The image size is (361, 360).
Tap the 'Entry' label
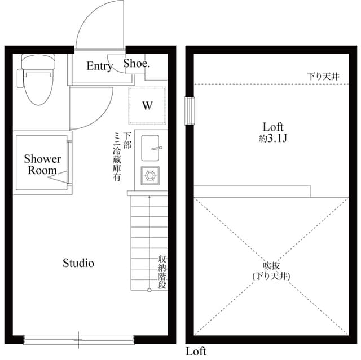coord(99,66)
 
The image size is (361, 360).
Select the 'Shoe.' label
coord(137,64)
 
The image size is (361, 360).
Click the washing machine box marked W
coord(147,105)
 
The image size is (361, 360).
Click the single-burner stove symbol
coord(150,175)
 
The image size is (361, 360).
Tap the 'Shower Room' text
coord(42,165)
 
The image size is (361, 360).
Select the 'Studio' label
coord(78,263)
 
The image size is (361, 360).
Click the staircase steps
coord(149,242)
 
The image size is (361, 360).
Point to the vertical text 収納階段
coord(161,273)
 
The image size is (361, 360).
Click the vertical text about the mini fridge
coord(122,156)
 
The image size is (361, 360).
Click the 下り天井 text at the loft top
coord(323,76)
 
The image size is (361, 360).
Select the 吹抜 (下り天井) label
coord(272,271)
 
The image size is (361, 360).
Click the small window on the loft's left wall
coord(190,111)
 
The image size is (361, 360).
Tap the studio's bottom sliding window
coord(79,339)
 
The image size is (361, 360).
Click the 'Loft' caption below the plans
coord(196,352)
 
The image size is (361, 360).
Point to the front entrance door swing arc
coord(99,23)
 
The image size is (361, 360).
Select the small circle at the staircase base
coord(149,290)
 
